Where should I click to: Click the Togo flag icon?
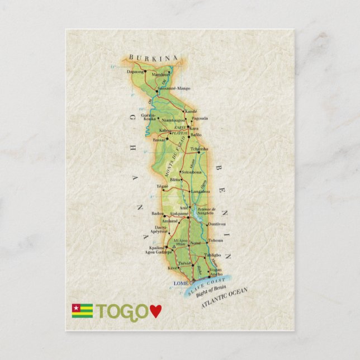click(x=82, y=311)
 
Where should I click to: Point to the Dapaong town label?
click(x=135, y=72)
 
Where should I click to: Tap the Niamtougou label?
click(x=173, y=119)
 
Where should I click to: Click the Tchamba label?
click(x=199, y=149)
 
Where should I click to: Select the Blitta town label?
click(x=175, y=179)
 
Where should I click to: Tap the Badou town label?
click(x=158, y=213)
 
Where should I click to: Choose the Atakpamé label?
click(x=179, y=214)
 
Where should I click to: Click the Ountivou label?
click(x=216, y=224)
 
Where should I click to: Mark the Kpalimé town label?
click(x=157, y=248)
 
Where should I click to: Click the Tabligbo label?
click(x=212, y=255)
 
